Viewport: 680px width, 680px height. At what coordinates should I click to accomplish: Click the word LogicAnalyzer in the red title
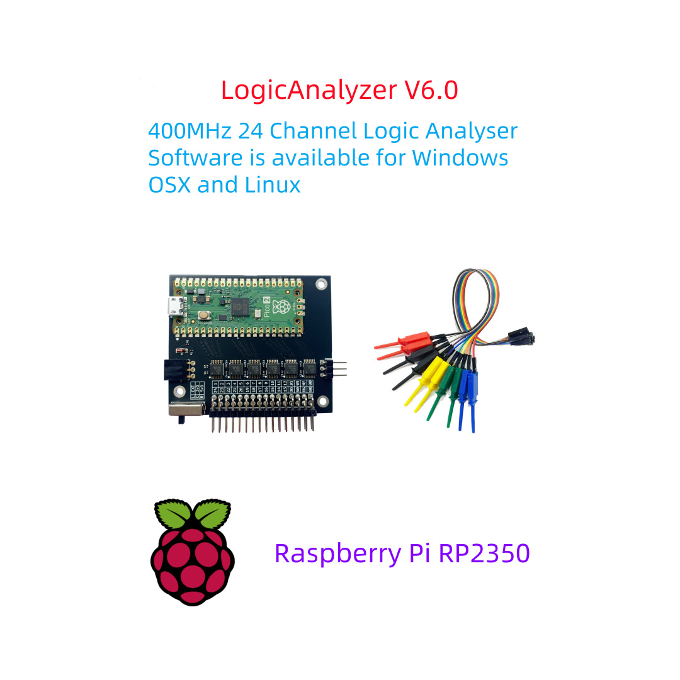[309, 90]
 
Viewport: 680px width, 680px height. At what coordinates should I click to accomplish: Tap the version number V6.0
[431, 90]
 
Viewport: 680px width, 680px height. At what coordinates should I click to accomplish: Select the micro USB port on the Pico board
[173, 308]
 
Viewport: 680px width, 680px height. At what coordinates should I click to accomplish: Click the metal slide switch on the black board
[186, 410]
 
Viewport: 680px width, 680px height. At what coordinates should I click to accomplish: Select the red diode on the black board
[181, 350]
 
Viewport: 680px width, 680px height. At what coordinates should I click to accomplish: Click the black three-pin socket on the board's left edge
[171, 370]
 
